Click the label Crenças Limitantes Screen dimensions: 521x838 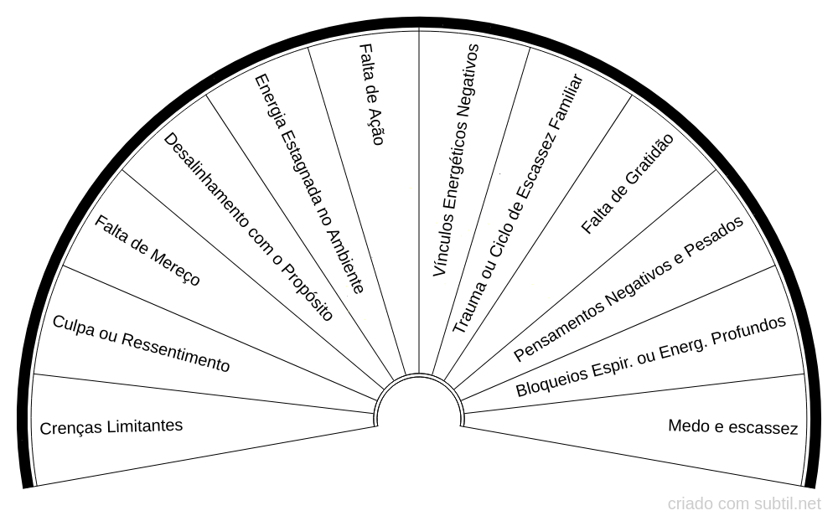(x=111, y=426)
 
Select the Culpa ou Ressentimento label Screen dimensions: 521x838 (x=141, y=344)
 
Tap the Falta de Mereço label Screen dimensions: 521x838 (x=147, y=250)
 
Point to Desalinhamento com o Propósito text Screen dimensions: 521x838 (x=248, y=227)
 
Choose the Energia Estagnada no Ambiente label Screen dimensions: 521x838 (x=309, y=183)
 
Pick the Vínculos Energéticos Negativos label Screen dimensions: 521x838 (x=456, y=161)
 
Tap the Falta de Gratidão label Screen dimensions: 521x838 (x=627, y=183)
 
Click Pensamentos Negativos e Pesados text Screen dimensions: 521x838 (x=628, y=288)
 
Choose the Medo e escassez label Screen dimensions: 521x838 (x=732, y=427)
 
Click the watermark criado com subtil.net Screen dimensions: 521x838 (x=744, y=503)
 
